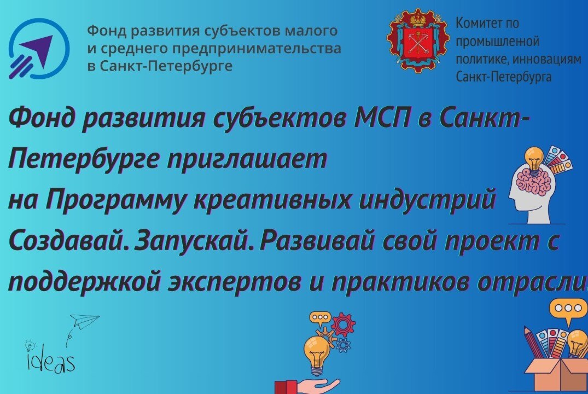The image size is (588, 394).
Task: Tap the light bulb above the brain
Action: click(534, 158)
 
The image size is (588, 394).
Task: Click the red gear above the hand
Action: click(343, 325)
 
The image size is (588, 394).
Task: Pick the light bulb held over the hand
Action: click(317, 350)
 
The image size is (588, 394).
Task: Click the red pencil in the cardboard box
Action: click(533, 342)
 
